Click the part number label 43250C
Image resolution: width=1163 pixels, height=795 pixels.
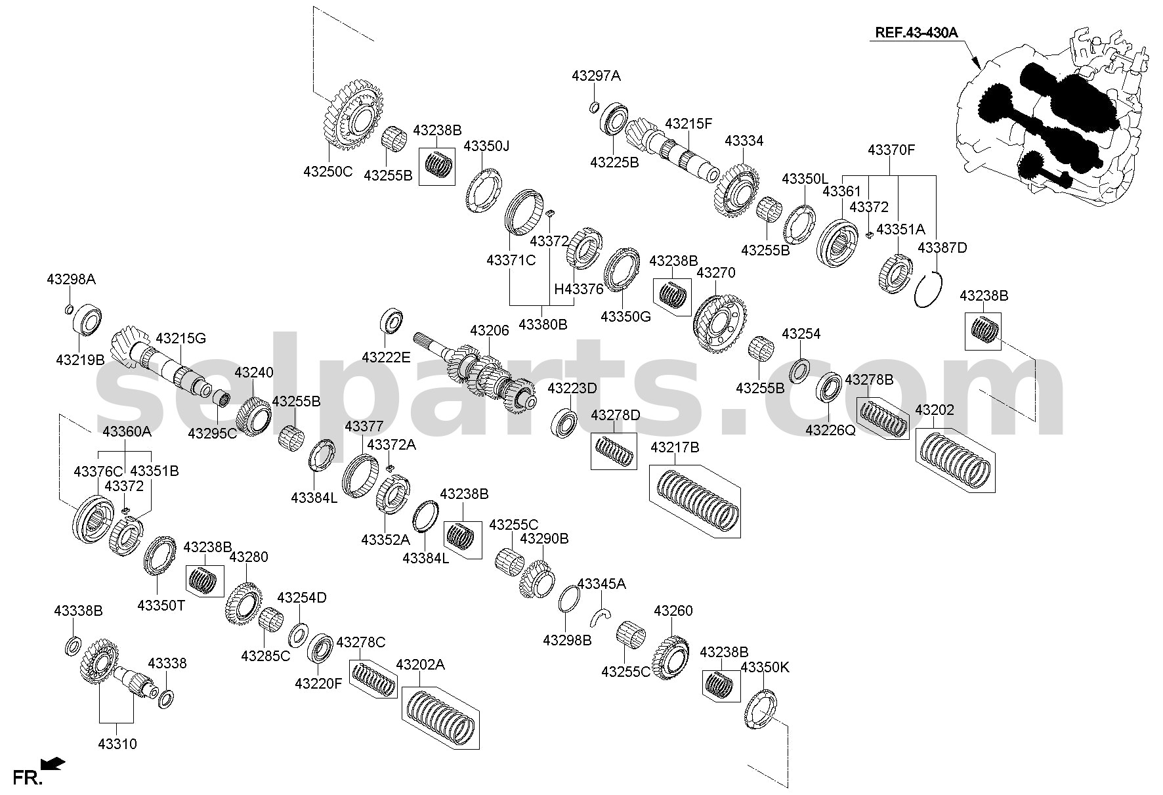pos(328,172)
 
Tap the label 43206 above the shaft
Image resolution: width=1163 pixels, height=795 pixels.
pos(489,330)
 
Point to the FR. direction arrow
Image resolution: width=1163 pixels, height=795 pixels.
pos(53,763)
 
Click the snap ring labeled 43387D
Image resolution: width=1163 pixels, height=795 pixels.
pos(929,290)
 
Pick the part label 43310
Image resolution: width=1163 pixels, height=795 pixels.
pos(117,744)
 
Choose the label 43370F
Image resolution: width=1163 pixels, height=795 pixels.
pos(891,150)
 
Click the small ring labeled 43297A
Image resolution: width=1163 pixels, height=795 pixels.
pos(594,106)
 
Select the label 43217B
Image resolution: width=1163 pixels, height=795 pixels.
pos(675,448)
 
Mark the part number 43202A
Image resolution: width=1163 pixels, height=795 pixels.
pos(420,665)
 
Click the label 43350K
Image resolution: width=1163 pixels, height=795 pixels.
pos(765,668)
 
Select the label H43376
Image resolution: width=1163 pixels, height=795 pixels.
pos(578,288)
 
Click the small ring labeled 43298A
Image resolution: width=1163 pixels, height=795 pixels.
pos(69,310)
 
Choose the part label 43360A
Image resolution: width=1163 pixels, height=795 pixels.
pos(127,431)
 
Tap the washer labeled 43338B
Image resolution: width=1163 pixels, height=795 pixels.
pos(73,645)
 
